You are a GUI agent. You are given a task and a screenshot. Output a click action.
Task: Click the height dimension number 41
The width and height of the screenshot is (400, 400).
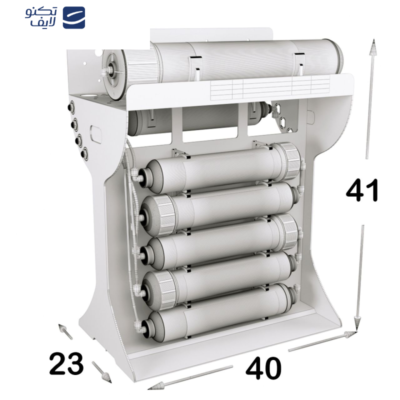(x=362, y=190)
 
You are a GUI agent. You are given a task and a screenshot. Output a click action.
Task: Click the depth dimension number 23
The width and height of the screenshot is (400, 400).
(x=66, y=363)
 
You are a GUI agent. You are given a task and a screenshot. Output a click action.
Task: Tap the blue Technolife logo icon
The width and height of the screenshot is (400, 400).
(x=73, y=17)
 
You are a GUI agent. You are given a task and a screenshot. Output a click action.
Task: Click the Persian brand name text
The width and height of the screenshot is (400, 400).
(x=41, y=17)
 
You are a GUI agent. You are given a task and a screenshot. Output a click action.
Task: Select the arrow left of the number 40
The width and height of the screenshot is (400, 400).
(x=190, y=376)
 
